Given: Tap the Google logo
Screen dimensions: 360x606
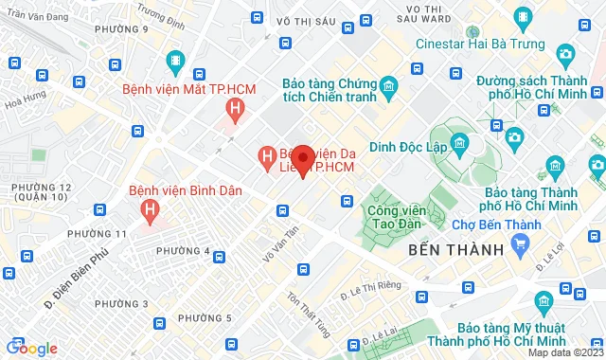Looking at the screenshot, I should coord(30,349).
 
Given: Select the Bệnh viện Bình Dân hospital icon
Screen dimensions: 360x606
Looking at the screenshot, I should coord(149,208).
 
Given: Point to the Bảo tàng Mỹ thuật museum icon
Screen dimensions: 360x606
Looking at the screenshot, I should coord(544,302).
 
